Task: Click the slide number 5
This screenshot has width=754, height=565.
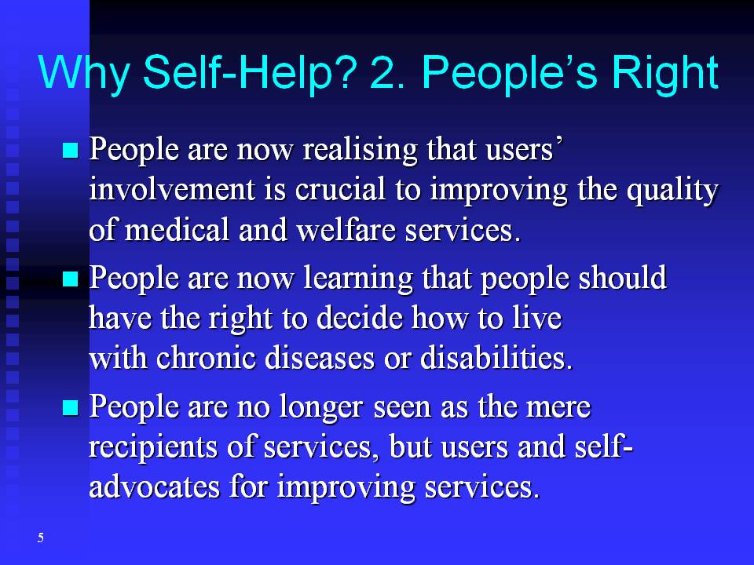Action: pos(41,538)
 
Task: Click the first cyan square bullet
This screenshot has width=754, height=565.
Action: pos(70,150)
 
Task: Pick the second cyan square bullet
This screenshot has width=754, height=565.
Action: pos(70,279)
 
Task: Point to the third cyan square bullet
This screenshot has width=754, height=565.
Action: pos(70,407)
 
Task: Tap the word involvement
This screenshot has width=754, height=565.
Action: pos(172,188)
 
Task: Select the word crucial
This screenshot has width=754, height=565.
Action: pos(340,188)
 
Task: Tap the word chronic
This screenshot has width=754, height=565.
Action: pos(206,358)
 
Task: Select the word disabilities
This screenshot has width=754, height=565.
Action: pos(496,358)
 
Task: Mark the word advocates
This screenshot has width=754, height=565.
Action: pos(155,487)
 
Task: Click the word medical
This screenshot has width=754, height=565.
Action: pos(177,230)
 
